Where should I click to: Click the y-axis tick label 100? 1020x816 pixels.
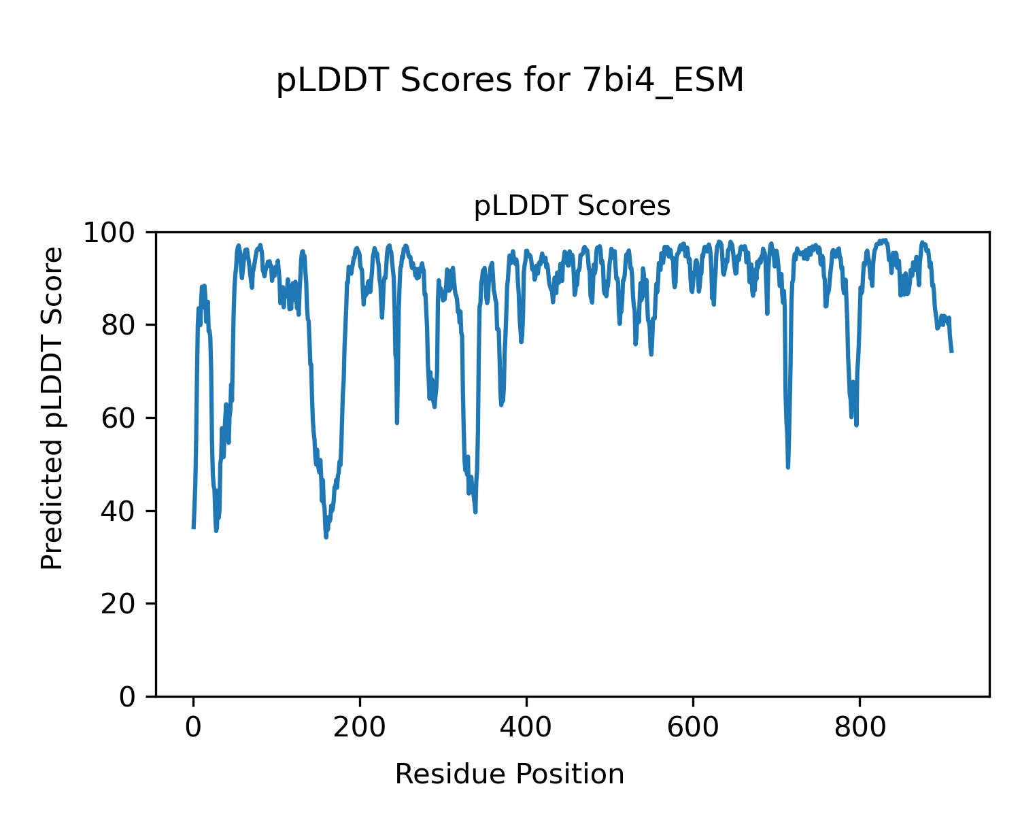coord(114,233)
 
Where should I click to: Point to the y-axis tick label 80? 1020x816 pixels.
coord(122,326)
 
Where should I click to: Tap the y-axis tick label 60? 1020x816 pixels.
coord(122,418)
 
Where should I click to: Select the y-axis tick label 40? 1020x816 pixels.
coord(122,511)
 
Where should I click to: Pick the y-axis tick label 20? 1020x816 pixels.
coord(122,604)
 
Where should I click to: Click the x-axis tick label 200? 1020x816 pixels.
coord(360,727)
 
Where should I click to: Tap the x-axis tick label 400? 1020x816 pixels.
coord(526,727)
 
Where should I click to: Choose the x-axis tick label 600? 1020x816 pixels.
coord(693,727)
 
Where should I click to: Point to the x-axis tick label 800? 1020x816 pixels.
coord(860,727)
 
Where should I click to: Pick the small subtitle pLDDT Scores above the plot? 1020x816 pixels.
coord(572,206)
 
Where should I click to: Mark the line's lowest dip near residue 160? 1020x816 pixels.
coord(326,537)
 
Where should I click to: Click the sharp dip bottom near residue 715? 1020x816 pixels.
coord(788,467)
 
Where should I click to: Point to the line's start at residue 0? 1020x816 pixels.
coord(194,527)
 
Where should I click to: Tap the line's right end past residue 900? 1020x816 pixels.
coord(952,351)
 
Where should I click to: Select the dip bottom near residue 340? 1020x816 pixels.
coord(475,512)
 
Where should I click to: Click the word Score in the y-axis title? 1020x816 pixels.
coord(52,275)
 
